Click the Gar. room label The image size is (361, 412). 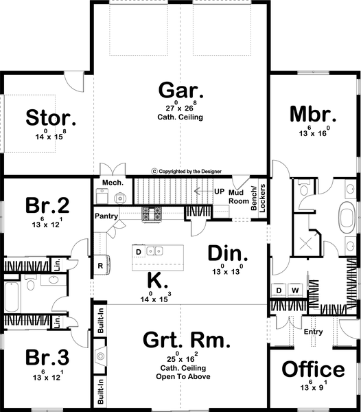pos(180,91)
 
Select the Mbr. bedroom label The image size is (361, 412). pos(312,113)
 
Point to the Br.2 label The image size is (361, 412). pos(48,206)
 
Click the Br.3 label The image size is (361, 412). pos(48,358)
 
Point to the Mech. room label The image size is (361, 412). pos(112,183)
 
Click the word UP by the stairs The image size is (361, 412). pos(219,190)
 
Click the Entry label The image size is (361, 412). pos(312,332)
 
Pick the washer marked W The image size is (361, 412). pos(296,290)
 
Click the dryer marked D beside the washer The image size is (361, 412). pos(279,290)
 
